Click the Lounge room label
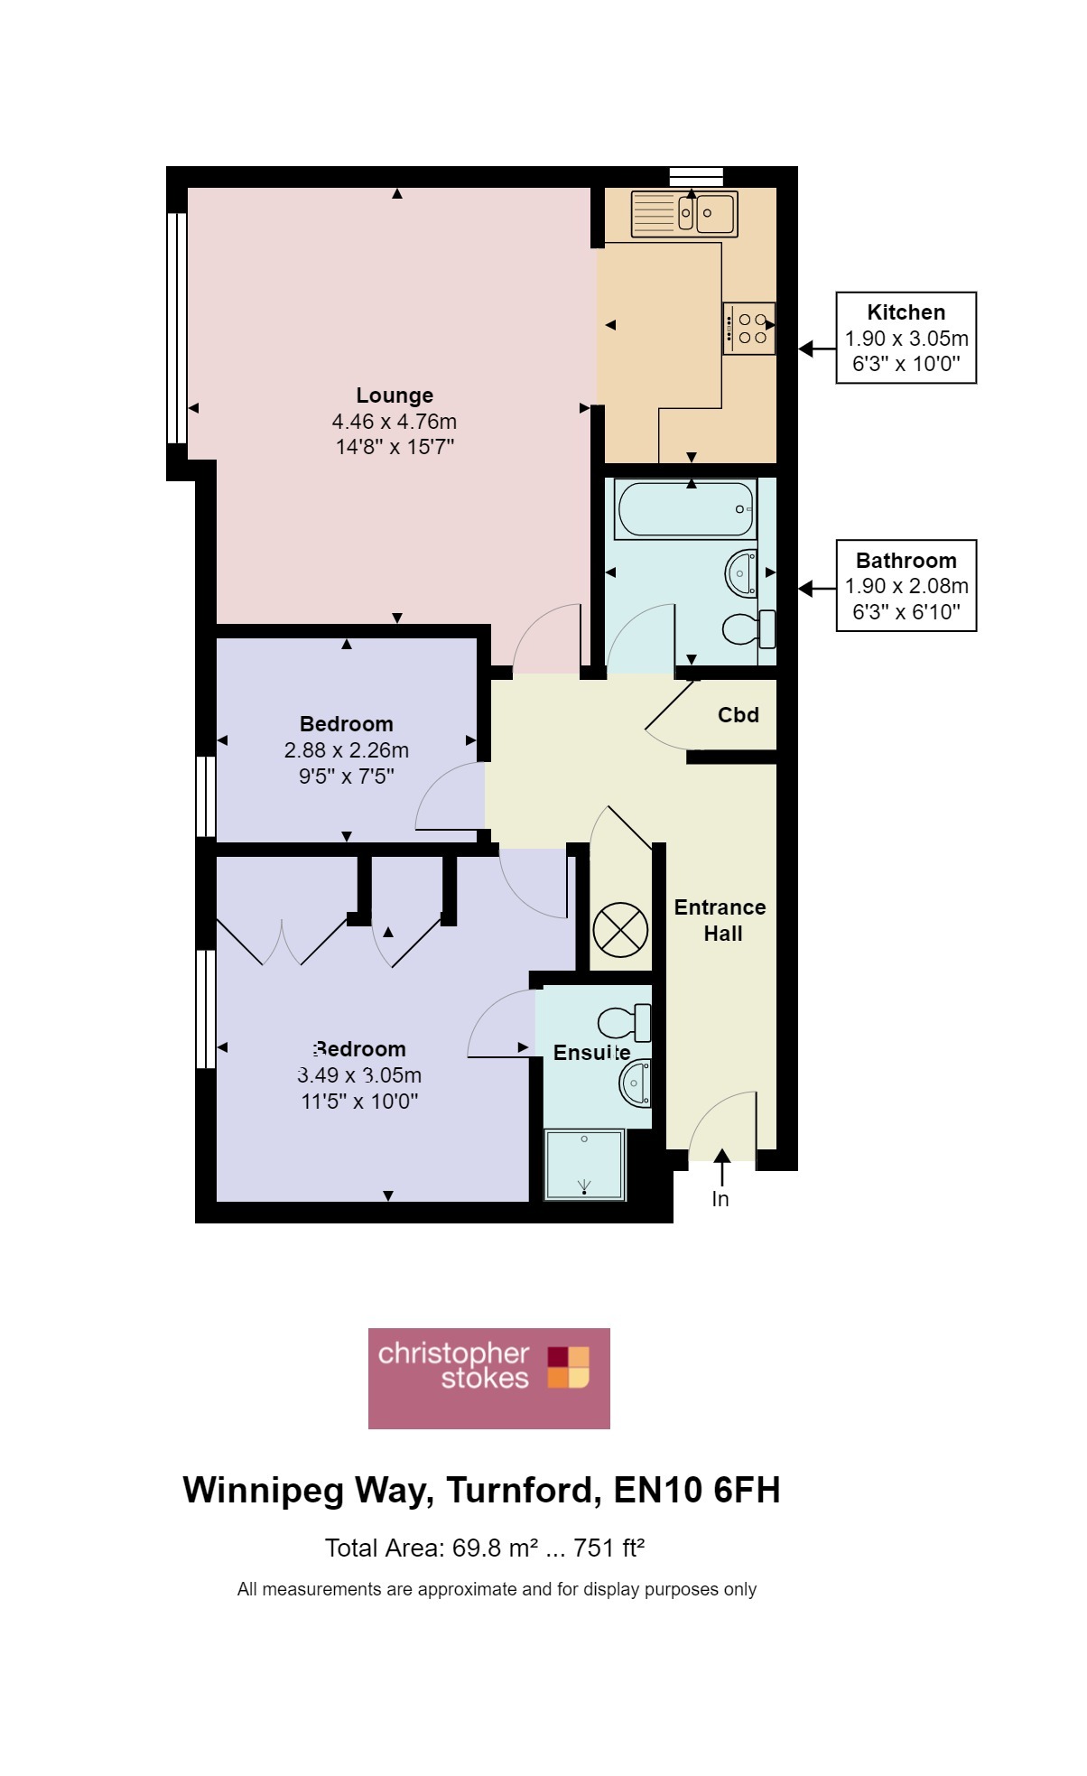tap(395, 395)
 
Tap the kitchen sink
tap(684, 214)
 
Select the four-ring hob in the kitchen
tap(749, 329)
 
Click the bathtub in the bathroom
tap(685, 509)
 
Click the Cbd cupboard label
tap(739, 715)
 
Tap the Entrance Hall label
tap(720, 920)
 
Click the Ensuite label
tap(592, 1053)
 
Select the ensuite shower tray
tap(585, 1165)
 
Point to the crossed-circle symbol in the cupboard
tap(620, 929)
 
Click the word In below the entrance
tap(720, 1199)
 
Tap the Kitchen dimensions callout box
tap(906, 338)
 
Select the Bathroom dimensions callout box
tap(906, 586)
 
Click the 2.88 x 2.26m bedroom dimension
tap(347, 750)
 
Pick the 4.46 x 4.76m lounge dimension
tap(395, 422)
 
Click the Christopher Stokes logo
tap(489, 1379)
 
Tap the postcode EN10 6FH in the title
tap(697, 1491)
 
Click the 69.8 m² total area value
tap(496, 1548)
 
